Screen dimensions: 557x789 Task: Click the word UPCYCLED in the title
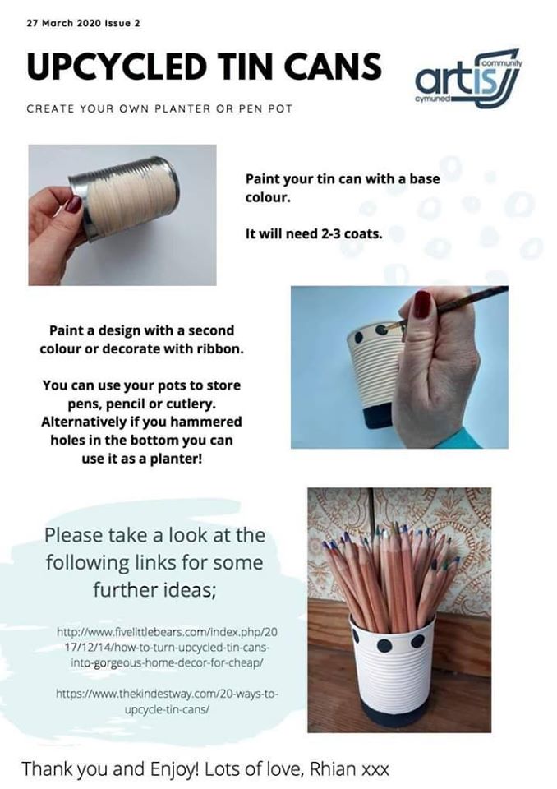click(x=117, y=66)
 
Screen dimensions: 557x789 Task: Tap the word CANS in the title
click(x=332, y=66)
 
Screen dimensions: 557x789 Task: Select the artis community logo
click(x=469, y=77)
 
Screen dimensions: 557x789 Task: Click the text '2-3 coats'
click(x=351, y=233)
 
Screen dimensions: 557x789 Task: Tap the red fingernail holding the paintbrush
click(x=421, y=304)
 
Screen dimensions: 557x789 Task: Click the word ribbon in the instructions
click(x=221, y=348)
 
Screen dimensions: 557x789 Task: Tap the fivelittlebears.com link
click(x=167, y=647)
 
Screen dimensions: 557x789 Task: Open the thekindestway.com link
click(x=167, y=701)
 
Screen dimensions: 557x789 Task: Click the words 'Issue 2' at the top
click(x=122, y=23)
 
